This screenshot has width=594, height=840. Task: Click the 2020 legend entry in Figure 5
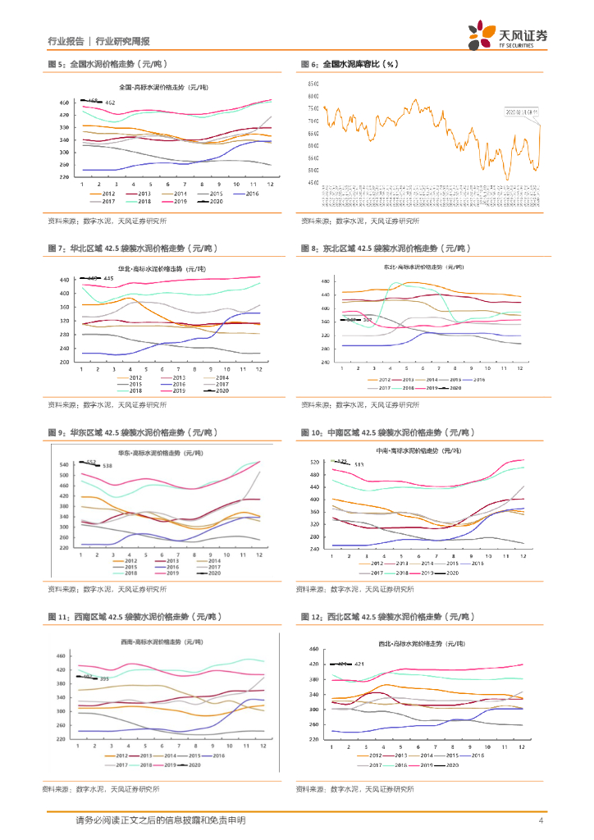[x=212, y=201]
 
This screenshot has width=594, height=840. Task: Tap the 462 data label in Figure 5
[x=111, y=103]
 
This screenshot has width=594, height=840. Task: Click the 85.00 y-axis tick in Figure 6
[x=313, y=84]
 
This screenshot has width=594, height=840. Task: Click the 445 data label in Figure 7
[x=108, y=279]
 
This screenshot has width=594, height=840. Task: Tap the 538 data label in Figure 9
[x=107, y=466]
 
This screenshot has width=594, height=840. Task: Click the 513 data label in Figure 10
[x=359, y=464]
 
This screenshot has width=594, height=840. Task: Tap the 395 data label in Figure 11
[x=104, y=679]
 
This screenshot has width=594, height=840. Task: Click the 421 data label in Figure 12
[x=359, y=664]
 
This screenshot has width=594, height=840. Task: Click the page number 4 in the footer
[x=541, y=821]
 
